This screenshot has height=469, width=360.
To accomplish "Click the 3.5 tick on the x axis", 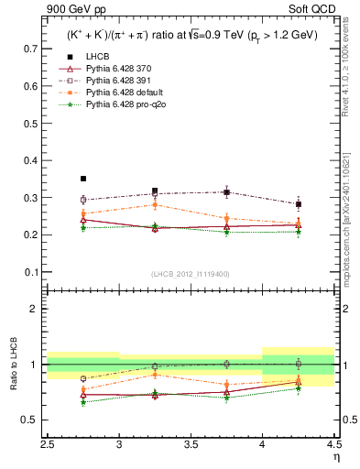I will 191,446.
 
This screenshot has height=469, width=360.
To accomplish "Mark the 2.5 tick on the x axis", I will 48,446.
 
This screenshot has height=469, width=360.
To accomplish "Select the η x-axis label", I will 335,457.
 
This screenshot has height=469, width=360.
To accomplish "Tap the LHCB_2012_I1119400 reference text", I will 191,275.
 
